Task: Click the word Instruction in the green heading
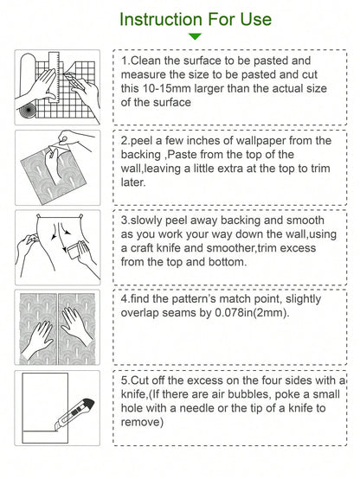[161, 19]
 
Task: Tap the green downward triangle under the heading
[195, 36]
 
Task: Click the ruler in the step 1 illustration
[55, 76]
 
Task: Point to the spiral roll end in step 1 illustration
[28, 109]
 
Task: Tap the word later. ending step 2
[133, 182]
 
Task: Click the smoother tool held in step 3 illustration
[75, 248]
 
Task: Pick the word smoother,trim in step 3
[261, 248]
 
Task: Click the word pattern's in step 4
[194, 299]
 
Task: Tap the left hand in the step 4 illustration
[36, 337]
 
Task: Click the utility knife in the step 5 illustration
[74, 415]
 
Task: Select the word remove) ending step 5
[142, 422]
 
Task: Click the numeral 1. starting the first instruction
[125, 61]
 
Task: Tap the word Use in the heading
[255, 19]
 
